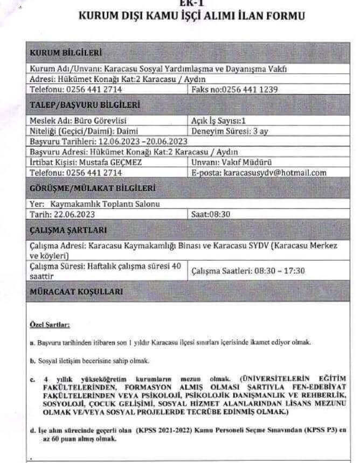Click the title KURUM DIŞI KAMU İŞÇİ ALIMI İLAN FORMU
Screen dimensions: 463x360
tap(191, 16)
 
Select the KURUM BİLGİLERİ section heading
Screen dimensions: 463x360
tap(65, 53)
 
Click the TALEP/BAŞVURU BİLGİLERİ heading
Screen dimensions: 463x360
tap(78, 104)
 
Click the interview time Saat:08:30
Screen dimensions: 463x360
tap(211, 214)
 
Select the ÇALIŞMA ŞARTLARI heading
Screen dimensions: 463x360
tap(68, 230)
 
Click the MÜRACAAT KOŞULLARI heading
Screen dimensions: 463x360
tap(76, 291)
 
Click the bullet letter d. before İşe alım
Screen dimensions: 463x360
tap(32, 431)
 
